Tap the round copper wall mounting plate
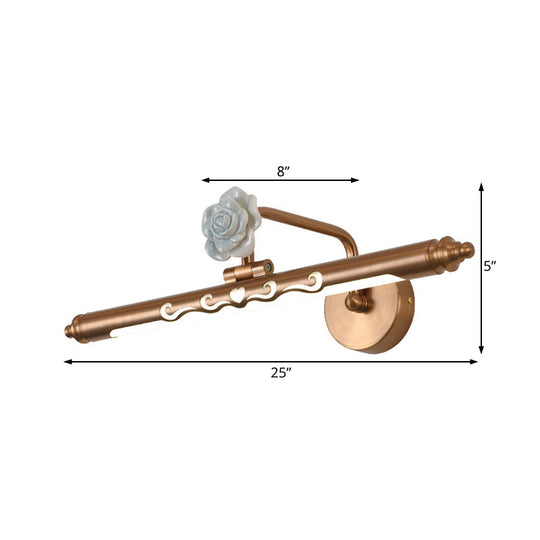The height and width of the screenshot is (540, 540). click(368, 314)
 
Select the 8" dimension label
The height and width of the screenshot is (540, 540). click(283, 171)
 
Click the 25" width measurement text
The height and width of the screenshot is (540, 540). click(281, 373)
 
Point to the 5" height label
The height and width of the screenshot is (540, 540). click(491, 266)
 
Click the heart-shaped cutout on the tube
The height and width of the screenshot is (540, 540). click(237, 297)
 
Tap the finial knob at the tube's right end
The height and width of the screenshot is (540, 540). click(464, 249)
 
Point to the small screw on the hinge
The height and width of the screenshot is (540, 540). click(267, 267)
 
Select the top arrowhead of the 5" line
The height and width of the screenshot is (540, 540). click(481, 187)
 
